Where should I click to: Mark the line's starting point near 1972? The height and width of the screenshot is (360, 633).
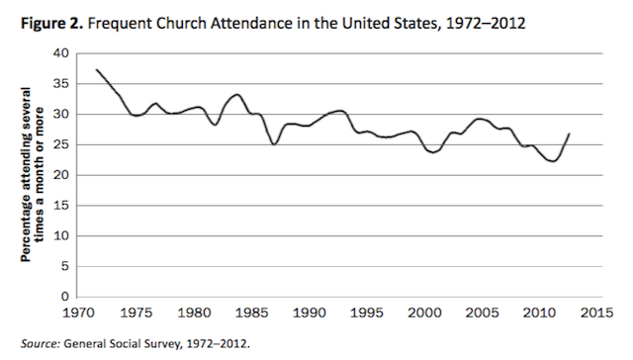point(97,69)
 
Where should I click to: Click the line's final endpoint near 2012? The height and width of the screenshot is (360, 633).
point(570,134)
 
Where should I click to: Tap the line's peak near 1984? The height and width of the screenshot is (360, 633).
point(237,95)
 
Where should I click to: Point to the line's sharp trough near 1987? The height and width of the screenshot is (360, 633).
point(274,144)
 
